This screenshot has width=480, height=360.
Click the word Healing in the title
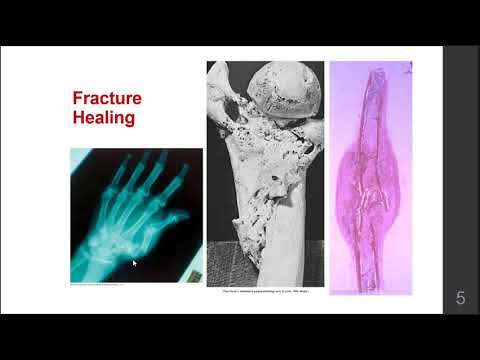click(105, 121)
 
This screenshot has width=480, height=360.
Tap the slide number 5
click(460, 297)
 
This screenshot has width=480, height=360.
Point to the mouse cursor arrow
click(134, 264)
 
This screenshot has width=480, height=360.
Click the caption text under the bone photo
click(265, 292)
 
